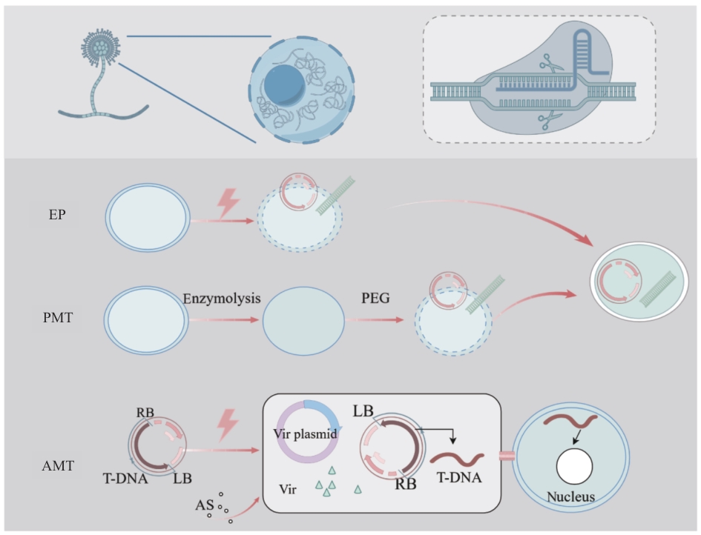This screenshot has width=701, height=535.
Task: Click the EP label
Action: tap(57, 215)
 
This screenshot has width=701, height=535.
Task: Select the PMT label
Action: tap(58, 317)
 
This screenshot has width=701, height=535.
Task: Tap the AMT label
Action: tap(58, 466)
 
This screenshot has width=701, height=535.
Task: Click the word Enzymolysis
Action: tap(222, 299)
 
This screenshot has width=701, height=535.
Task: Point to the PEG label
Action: tap(375, 298)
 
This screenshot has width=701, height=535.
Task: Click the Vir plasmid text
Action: tap(305, 433)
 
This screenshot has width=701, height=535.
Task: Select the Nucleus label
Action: tap(571, 496)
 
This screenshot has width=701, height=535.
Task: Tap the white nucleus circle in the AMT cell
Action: tap(574, 467)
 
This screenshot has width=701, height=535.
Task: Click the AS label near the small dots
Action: tap(204, 505)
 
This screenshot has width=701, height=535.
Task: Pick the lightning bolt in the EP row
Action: tap(228, 203)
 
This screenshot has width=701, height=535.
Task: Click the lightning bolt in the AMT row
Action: tap(228, 425)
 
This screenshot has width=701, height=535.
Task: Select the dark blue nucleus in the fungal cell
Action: tap(285, 85)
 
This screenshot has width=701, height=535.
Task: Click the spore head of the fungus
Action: tap(101, 47)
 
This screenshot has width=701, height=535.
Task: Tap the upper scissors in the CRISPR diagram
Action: tap(552, 64)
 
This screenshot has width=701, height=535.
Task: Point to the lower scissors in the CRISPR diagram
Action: tap(550, 120)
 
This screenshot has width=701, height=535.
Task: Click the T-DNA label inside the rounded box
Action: tap(459, 478)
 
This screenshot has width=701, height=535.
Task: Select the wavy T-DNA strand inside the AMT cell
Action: tap(570, 421)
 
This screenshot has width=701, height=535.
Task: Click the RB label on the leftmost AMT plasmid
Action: tap(145, 412)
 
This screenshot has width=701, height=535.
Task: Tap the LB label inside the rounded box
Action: tap(363, 411)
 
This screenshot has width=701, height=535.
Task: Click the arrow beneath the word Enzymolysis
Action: tap(224, 320)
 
